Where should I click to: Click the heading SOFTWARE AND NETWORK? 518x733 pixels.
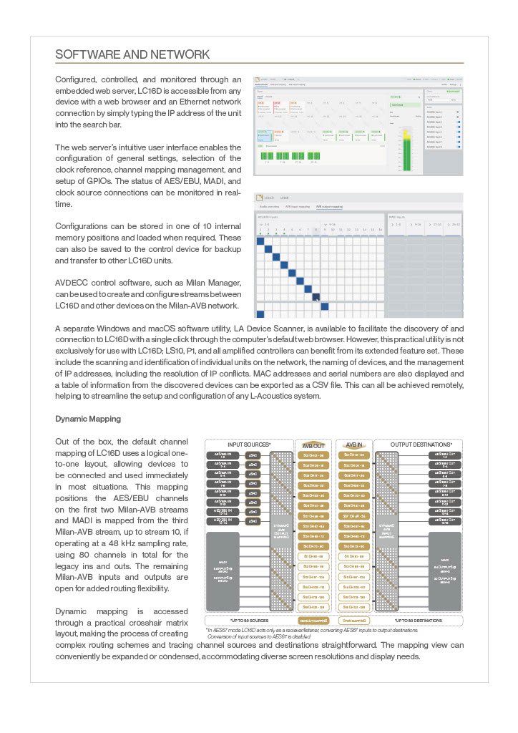tap(132, 54)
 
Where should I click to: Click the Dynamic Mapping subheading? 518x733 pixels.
tap(88, 418)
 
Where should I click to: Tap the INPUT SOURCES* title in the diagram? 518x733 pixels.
tap(249, 445)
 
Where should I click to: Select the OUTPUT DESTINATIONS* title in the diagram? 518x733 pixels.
tap(418, 445)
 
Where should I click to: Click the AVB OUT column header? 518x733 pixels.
tap(313, 445)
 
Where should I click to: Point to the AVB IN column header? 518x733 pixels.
tap(355, 445)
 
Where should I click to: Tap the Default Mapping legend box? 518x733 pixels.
tap(313, 621)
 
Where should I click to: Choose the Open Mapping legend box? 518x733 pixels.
tap(355, 621)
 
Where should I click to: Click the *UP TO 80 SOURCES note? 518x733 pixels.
tap(249, 621)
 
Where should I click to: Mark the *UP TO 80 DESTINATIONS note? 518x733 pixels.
tap(418, 621)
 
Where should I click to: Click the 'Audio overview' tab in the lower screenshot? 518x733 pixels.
tap(268, 206)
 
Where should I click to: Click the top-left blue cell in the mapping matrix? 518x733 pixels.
tap(260, 241)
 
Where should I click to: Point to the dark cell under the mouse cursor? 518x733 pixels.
tap(316, 297)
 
